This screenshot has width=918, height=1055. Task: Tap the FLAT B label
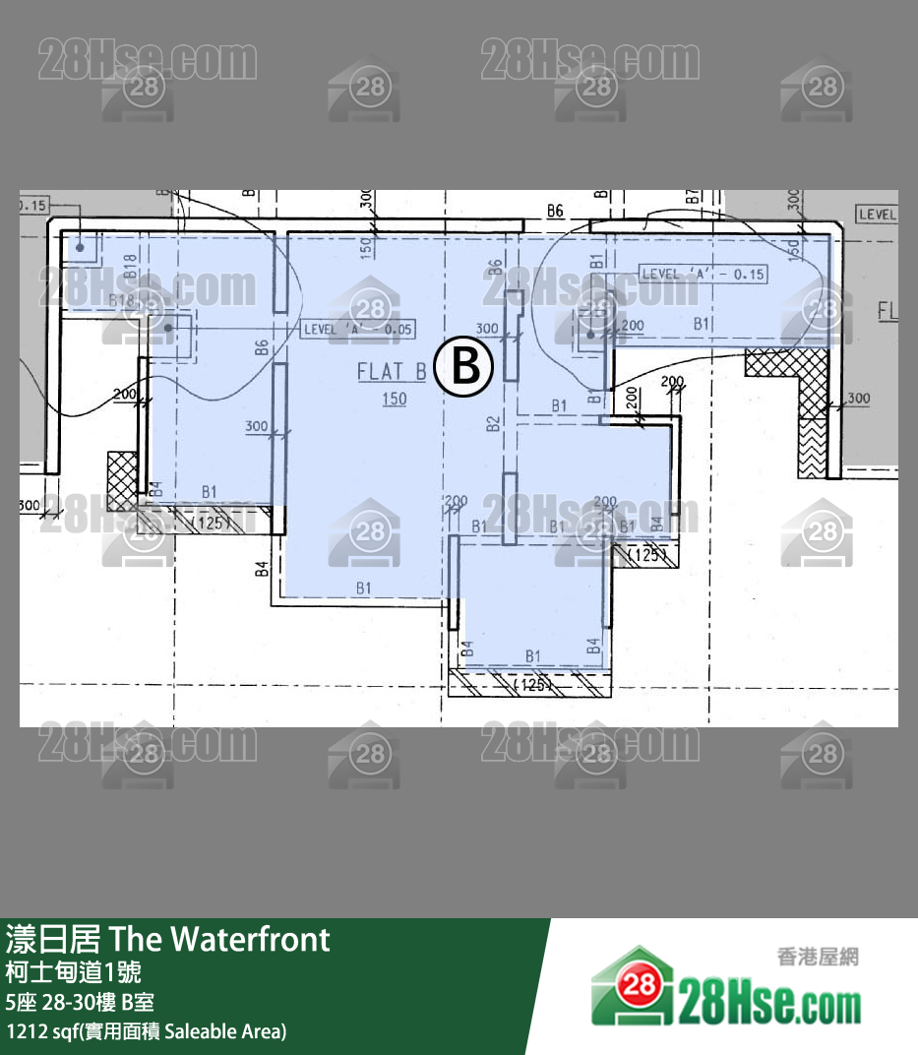point(392,372)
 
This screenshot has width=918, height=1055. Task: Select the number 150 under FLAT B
point(394,399)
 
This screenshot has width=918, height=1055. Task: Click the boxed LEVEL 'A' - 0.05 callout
point(357,330)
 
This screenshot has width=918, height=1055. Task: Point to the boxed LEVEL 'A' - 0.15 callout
point(703,275)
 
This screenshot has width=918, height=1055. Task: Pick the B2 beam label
point(494,425)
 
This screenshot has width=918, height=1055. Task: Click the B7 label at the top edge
point(693,197)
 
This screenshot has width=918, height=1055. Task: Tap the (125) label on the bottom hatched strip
point(532,684)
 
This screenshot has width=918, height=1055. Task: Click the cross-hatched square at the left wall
point(122,480)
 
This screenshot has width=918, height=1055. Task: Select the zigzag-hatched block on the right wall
point(813,449)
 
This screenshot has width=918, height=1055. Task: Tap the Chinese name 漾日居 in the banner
point(53,939)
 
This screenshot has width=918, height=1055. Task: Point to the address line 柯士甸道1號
point(73,972)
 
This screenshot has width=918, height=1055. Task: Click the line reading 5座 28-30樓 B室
point(79,1003)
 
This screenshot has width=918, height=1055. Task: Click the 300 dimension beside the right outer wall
point(858,399)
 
